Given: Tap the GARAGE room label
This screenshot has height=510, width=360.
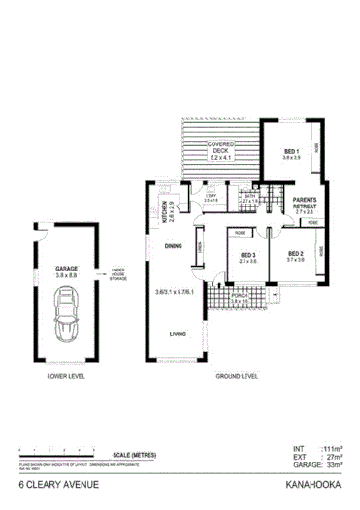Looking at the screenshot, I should [x=67, y=269].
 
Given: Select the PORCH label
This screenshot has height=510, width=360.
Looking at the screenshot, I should [x=239, y=296].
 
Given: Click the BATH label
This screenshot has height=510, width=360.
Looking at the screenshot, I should [x=249, y=197].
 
